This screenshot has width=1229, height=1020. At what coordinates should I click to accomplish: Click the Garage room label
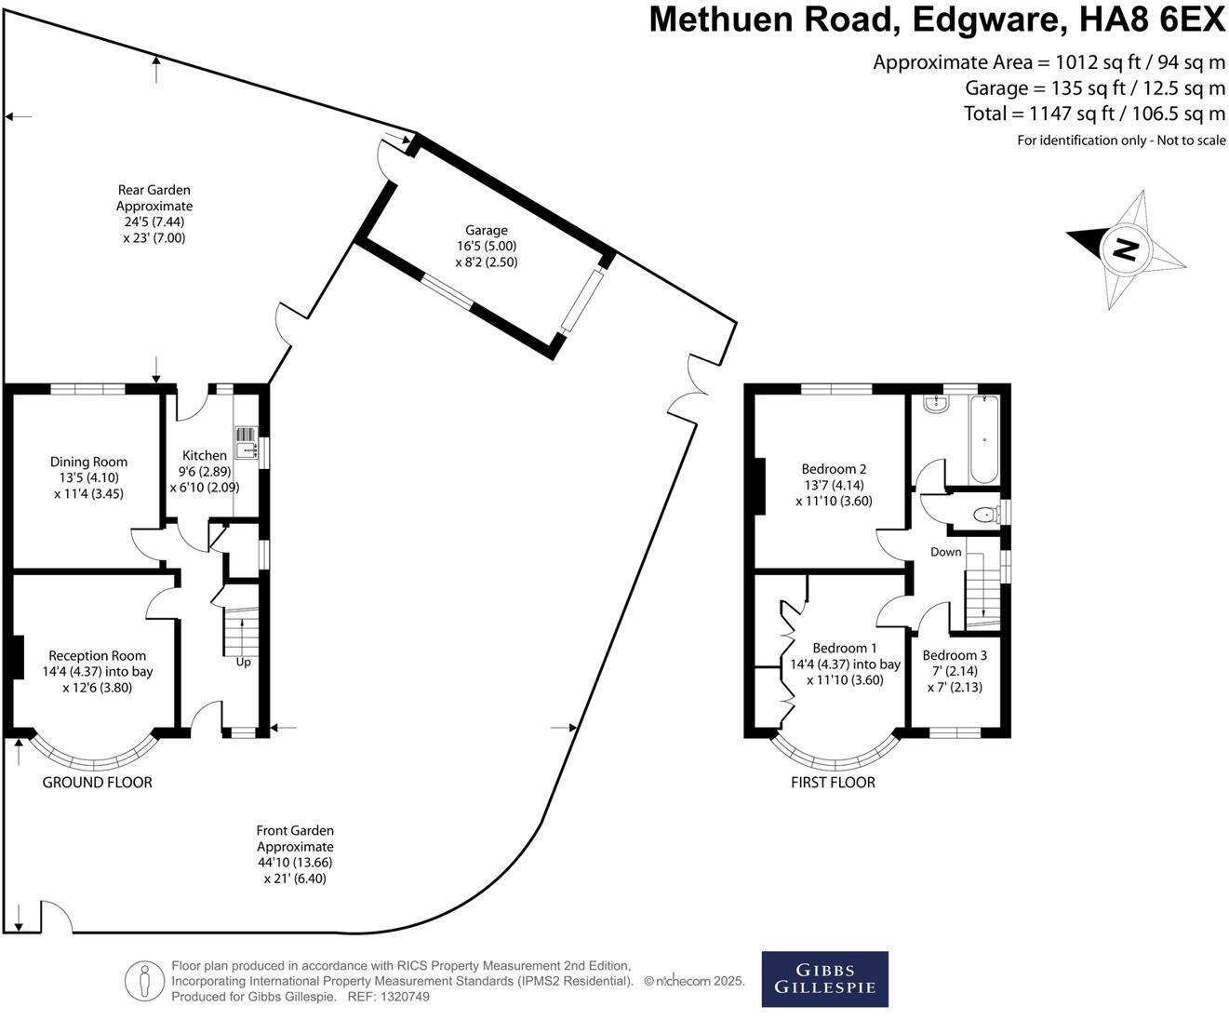tap(487, 230)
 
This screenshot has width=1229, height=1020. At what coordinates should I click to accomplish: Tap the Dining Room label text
tap(88, 462)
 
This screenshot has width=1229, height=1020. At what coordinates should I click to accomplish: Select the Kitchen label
tap(204, 455)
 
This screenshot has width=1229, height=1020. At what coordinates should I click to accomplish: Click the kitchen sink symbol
tap(245, 444)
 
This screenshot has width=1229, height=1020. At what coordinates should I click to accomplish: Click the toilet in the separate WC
tap(982, 514)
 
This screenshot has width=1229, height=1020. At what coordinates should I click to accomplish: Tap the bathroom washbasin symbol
tap(934, 404)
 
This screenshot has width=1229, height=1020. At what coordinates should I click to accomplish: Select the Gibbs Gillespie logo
tap(824, 978)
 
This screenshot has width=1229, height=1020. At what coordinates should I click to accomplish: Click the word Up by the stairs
tap(243, 662)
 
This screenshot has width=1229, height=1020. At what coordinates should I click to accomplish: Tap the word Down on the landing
tap(945, 552)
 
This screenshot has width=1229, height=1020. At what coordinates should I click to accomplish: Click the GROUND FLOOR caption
tap(97, 783)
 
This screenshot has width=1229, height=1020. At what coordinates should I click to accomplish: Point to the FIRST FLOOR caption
tap(833, 783)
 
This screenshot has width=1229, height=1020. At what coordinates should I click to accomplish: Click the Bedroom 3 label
tap(955, 655)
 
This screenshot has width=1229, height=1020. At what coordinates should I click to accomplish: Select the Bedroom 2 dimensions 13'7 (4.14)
tap(833, 485)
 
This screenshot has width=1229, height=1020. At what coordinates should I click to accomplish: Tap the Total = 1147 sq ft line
tap(1094, 114)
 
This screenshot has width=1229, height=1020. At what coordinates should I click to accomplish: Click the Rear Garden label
tap(154, 190)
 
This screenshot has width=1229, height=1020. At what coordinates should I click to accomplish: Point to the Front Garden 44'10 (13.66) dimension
tap(295, 863)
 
